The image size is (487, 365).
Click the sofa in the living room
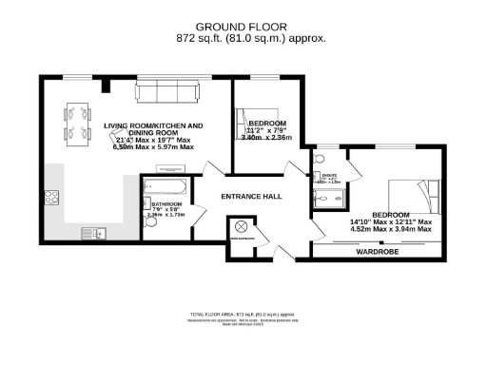(x=167, y=92)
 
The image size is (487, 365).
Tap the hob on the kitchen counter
(x=52, y=198)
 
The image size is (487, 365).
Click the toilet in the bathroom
(x=149, y=228)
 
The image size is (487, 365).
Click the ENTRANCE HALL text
(x=252, y=196)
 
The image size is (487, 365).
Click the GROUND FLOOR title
(x=251, y=26)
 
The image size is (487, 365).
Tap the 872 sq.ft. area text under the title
(x=251, y=38)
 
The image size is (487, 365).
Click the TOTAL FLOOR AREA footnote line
(x=251, y=313)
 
